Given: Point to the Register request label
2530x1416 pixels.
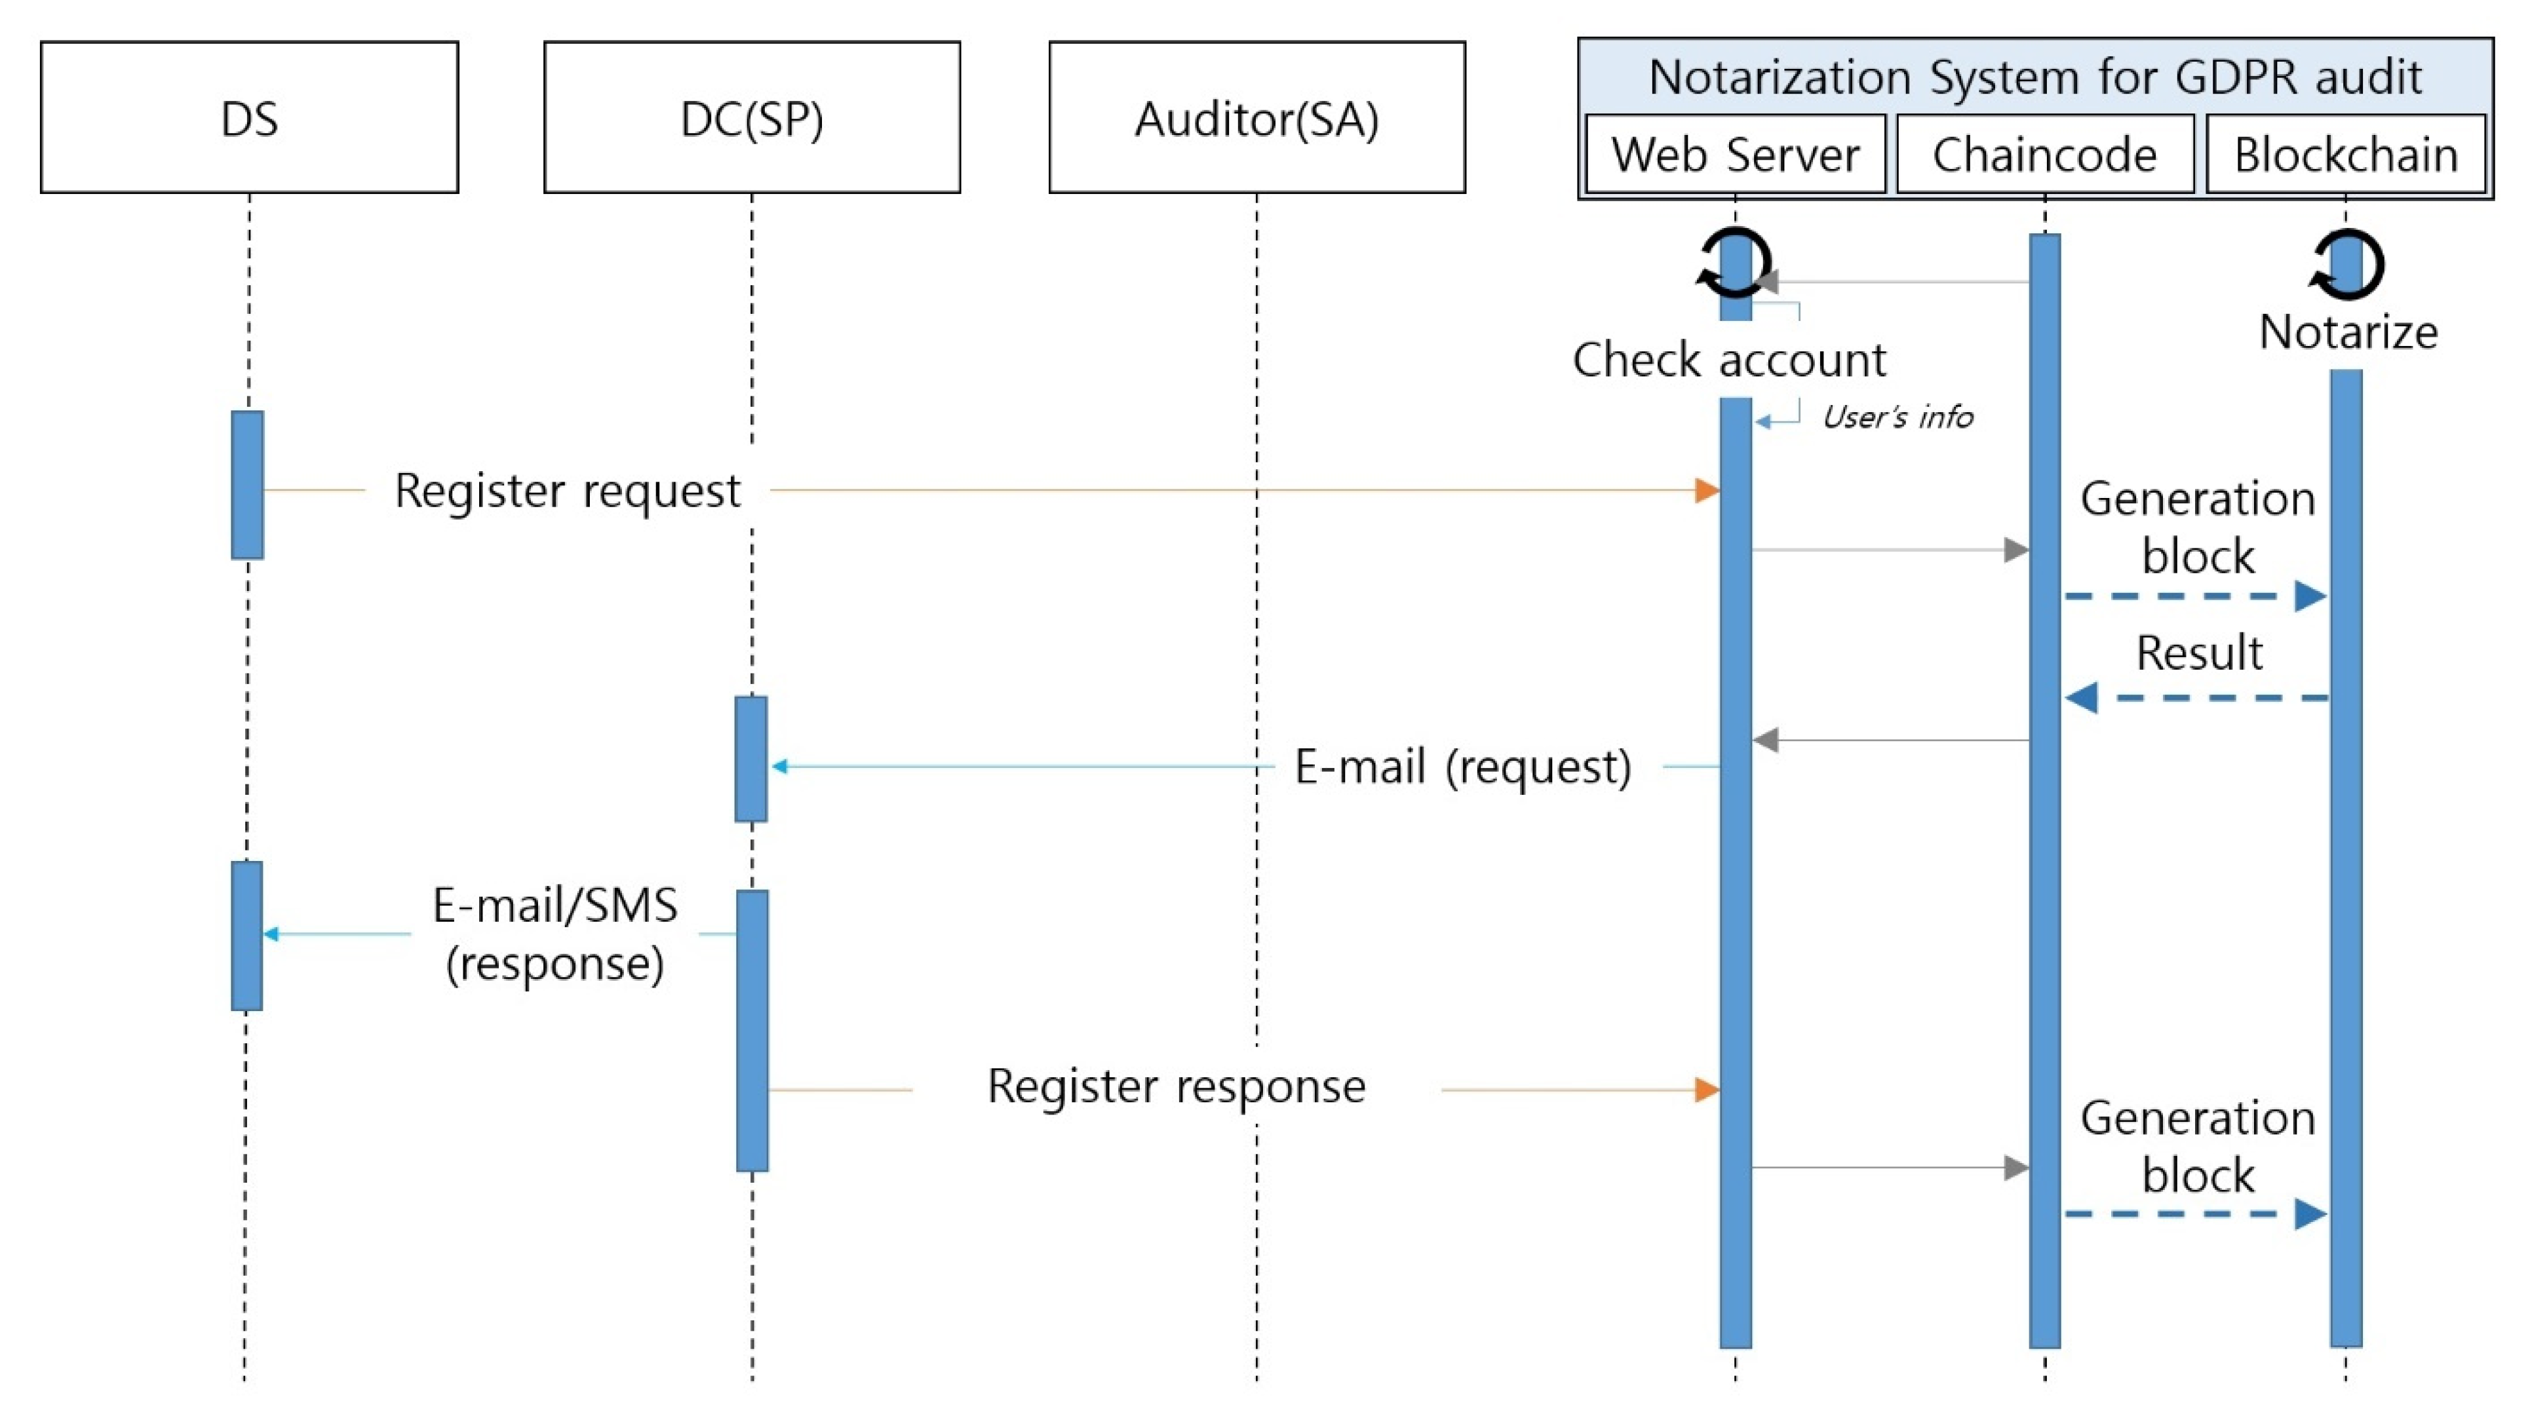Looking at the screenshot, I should [567, 490].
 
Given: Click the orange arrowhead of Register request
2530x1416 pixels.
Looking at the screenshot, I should [1707, 490].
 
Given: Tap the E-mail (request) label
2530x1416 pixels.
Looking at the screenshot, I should [1462, 766].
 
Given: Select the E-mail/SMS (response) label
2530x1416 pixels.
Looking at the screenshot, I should [555, 933].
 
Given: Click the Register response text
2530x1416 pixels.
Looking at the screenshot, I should [1176, 1086].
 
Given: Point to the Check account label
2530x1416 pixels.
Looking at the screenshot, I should [1728, 359].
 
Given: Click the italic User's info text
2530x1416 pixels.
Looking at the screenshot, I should [1897, 417].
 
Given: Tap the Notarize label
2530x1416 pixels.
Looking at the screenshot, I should [2347, 332].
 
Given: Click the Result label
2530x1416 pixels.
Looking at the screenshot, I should [2198, 653].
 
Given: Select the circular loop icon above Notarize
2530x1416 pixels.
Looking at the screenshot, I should [2346, 263].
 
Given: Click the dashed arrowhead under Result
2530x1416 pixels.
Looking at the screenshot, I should [2081, 698].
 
